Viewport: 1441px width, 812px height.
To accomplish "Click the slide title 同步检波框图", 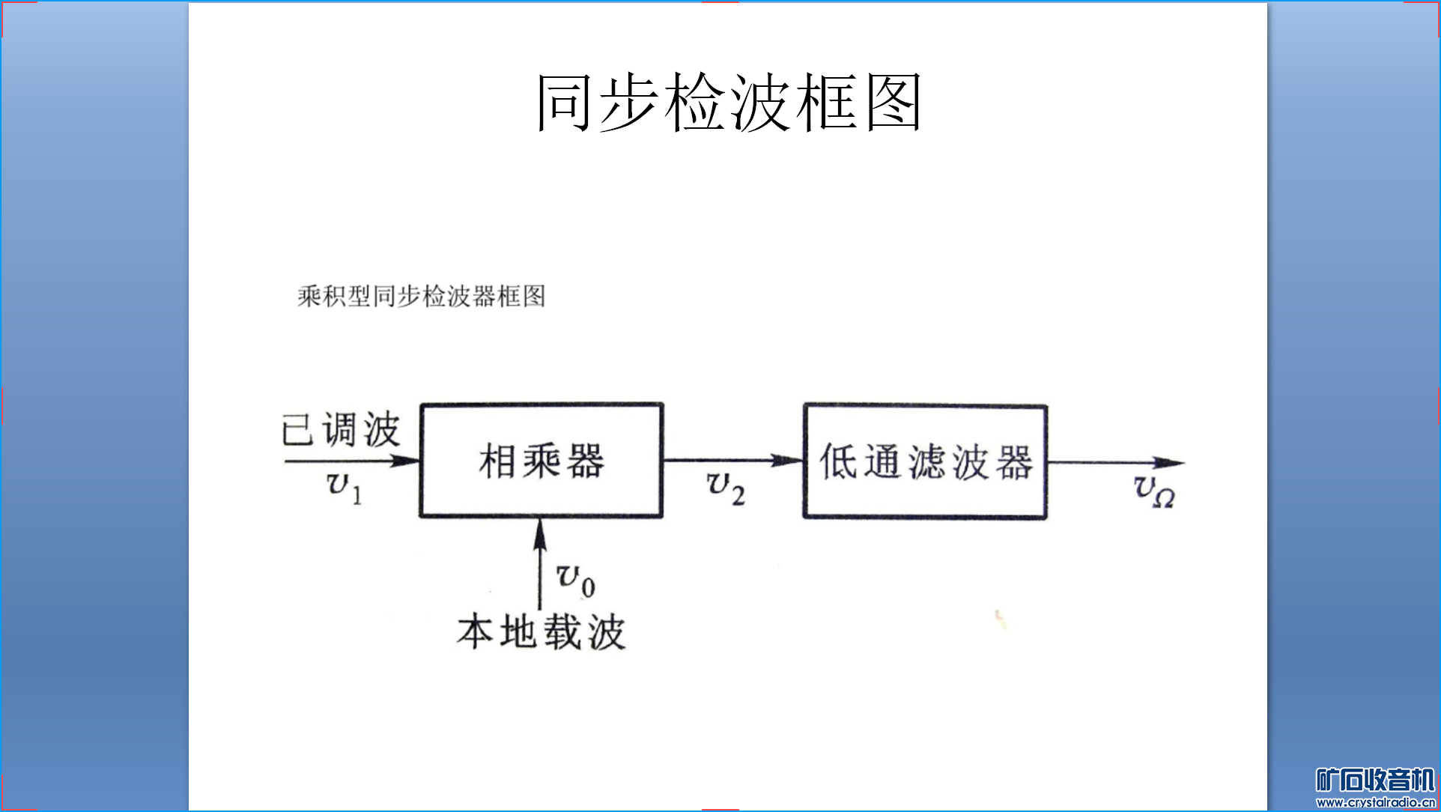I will pos(728,103).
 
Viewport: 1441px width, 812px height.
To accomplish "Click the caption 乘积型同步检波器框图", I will pos(421,296).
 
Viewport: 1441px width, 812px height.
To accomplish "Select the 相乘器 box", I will pos(541,460).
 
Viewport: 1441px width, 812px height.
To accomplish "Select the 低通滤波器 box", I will pos(925,461).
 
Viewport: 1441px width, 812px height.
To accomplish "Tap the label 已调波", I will pos(341,430).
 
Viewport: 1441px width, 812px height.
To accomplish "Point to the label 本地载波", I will pos(541,631).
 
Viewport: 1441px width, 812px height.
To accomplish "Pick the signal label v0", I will pos(575,580).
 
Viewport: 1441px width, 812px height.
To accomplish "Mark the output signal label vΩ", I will pos(1153,491).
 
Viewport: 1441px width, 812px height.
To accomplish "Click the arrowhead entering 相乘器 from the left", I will pos(406,461).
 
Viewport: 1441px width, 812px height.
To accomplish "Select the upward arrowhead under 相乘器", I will pos(540,533).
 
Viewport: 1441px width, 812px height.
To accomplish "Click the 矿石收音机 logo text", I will pos(1375,780).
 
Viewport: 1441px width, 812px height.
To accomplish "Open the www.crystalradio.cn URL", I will pos(1375,802).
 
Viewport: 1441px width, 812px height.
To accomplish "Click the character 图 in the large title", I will pos(894,103).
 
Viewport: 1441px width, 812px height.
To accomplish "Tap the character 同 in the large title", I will pos(563,103).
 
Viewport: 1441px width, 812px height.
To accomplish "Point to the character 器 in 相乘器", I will pos(586,461).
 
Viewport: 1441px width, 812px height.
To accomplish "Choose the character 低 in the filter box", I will pos(837,461).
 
